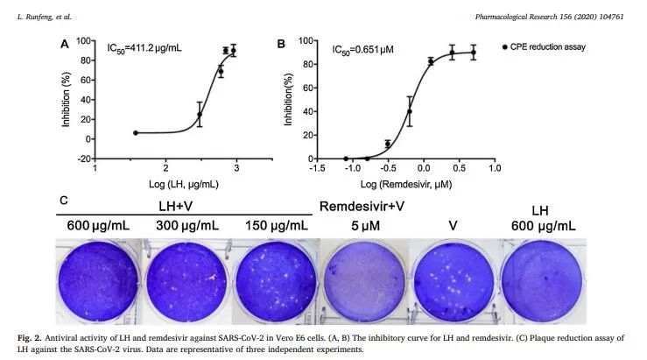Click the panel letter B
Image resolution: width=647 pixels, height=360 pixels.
(x=281, y=44)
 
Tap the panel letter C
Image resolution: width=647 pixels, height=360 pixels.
(x=64, y=201)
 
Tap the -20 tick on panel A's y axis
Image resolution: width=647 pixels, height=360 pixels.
(x=84, y=159)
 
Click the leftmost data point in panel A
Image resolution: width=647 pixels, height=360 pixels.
(x=136, y=133)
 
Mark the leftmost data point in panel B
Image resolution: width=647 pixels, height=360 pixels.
(x=346, y=158)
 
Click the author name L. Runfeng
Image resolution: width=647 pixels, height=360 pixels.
(x=45, y=16)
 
